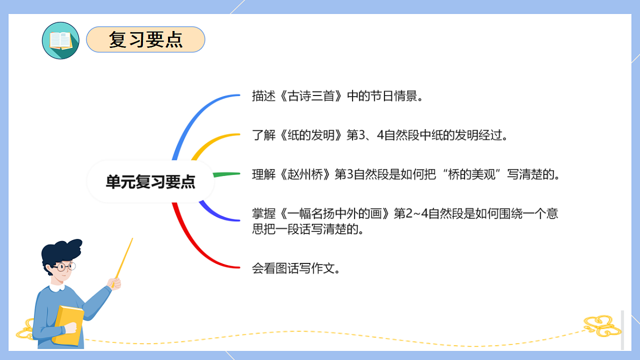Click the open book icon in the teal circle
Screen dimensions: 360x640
(x=60, y=41)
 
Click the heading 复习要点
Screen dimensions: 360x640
(x=146, y=40)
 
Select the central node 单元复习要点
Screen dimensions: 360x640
(x=150, y=182)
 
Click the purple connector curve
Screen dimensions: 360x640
(x=216, y=213)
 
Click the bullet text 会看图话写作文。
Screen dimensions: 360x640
(x=296, y=268)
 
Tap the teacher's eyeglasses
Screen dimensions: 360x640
(x=65, y=266)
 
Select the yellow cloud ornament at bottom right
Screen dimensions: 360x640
(x=602, y=325)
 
